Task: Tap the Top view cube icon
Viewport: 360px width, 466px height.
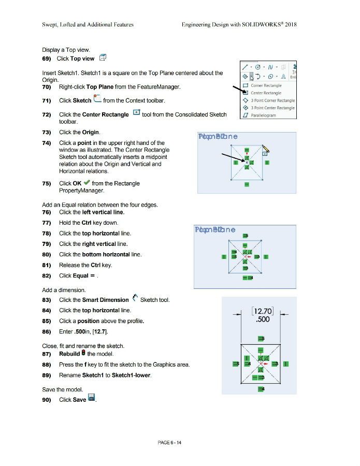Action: [x=103, y=58]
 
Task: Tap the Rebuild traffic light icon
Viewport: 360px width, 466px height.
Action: [x=83, y=354]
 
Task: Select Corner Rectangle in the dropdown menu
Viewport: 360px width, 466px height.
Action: [x=266, y=85]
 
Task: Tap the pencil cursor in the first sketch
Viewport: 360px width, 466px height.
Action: [x=266, y=151]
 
